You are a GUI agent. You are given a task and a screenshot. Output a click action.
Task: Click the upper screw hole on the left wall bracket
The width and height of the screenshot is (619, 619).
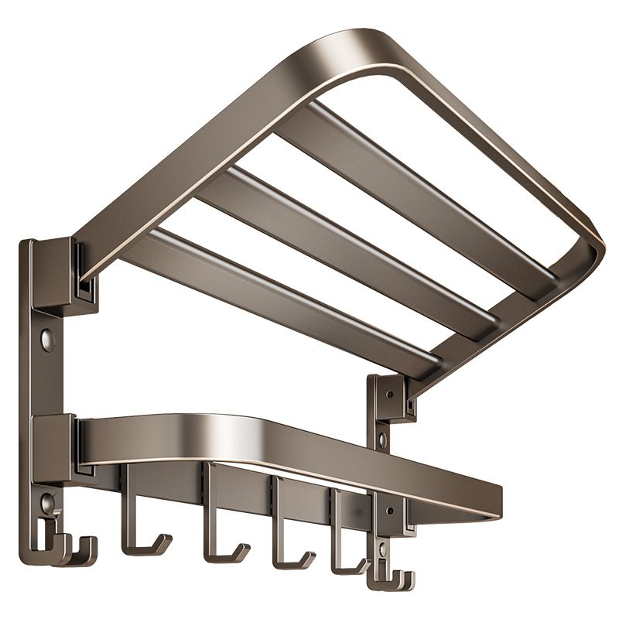(48, 338)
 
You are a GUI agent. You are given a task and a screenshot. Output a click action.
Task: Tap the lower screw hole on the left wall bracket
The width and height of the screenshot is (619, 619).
(48, 504)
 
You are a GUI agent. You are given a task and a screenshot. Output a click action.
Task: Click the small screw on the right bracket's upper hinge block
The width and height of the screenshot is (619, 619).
(388, 394)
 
